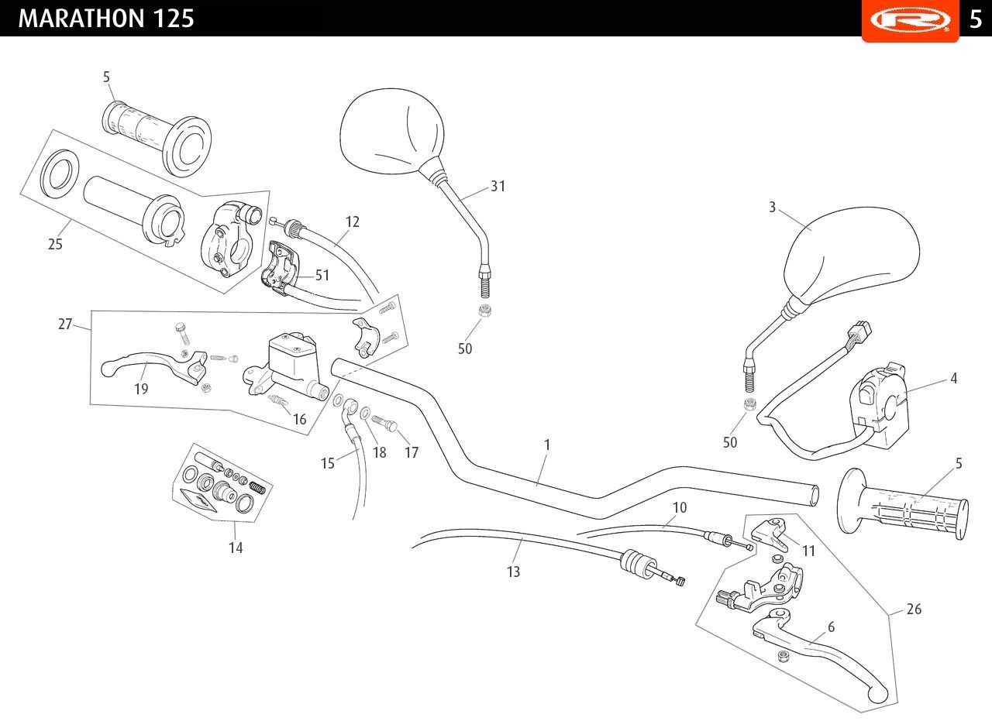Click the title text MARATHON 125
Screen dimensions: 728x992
pyautogui.click(x=106, y=18)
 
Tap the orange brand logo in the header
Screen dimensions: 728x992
pyautogui.click(x=910, y=19)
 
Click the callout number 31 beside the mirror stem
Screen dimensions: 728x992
pyautogui.click(x=498, y=187)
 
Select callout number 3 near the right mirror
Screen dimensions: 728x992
pyautogui.click(x=773, y=208)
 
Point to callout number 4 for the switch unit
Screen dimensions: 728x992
pyautogui.click(x=954, y=379)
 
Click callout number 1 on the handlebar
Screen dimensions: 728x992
pyautogui.click(x=547, y=445)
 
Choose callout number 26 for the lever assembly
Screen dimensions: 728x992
pyautogui.click(x=914, y=610)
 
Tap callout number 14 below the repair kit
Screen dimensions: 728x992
pyautogui.click(x=236, y=548)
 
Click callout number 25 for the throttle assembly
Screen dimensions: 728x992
pyautogui.click(x=55, y=244)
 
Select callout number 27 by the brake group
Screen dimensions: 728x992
pyautogui.click(x=65, y=325)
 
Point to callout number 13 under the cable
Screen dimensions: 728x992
pyautogui.click(x=513, y=572)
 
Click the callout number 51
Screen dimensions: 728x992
pyautogui.click(x=322, y=274)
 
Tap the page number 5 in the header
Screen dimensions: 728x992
pyautogui.click(x=976, y=18)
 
